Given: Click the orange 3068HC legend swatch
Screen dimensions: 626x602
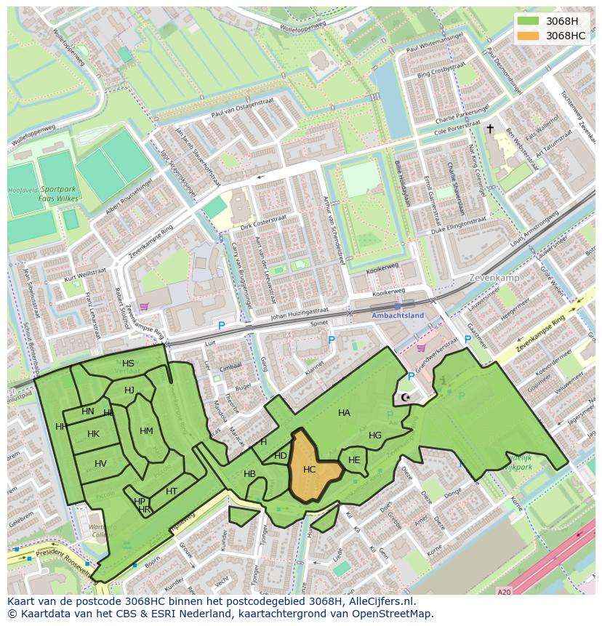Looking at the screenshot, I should (529, 36).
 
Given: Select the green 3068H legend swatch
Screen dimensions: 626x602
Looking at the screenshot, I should (529, 21).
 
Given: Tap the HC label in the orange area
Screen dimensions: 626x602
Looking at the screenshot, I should (310, 470).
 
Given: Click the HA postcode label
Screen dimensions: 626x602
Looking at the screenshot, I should (344, 413).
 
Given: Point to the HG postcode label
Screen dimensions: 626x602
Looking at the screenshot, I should (375, 436).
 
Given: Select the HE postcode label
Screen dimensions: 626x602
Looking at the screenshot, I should (354, 460).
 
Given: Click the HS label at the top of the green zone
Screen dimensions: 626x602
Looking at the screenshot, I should (128, 364).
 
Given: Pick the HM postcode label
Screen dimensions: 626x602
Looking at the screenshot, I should (146, 431).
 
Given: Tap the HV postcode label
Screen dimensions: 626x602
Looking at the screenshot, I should (100, 464).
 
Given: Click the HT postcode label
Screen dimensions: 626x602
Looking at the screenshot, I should (172, 491).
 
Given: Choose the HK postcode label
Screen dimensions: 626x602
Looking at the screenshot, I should (93, 434).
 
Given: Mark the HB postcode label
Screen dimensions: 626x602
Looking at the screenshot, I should (249, 474).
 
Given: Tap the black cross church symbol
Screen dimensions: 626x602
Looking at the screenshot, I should (490, 129).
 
